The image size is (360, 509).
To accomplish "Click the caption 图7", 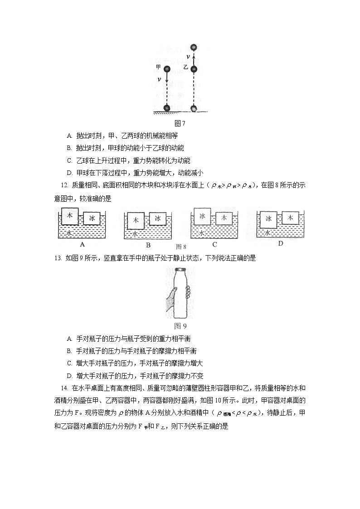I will (180, 123).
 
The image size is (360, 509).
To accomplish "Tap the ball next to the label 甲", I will (166, 69).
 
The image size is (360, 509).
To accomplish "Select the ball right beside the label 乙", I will (194, 69).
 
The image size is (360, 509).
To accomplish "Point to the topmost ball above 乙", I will (194, 47).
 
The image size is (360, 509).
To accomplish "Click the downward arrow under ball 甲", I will (166, 82).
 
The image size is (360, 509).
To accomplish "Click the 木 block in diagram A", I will (70, 217).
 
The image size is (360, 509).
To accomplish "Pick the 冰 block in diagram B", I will (158, 218).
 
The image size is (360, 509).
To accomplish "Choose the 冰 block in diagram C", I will (202, 216).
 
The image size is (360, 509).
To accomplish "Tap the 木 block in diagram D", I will (290, 218).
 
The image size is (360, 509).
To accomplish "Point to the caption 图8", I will (181, 247).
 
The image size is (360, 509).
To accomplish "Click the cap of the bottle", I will (180, 271).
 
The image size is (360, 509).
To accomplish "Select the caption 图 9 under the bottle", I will (180, 326).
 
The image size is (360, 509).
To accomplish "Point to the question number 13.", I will (58, 258).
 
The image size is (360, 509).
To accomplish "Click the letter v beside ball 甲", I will (159, 79).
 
